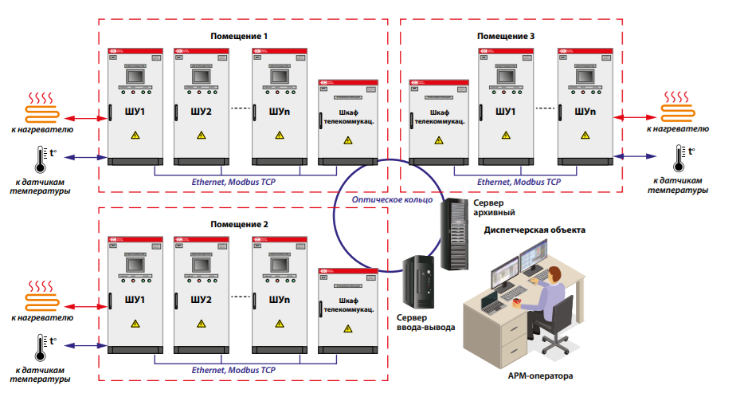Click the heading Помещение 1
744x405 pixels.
tap(239, 37)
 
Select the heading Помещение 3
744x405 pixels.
tap(506, 37)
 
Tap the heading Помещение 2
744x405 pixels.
tap(239, 225)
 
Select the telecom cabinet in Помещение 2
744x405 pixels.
tap(348, 311)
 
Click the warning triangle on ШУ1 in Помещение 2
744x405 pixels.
tap(135, 324)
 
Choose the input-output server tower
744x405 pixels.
tap(419, 285)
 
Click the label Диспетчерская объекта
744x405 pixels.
tap(535, 230)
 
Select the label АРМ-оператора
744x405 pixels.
tap(540, 375)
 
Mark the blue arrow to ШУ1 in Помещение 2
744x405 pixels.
tap(87, 344)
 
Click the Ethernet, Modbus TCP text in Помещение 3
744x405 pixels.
tap(519, 182)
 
